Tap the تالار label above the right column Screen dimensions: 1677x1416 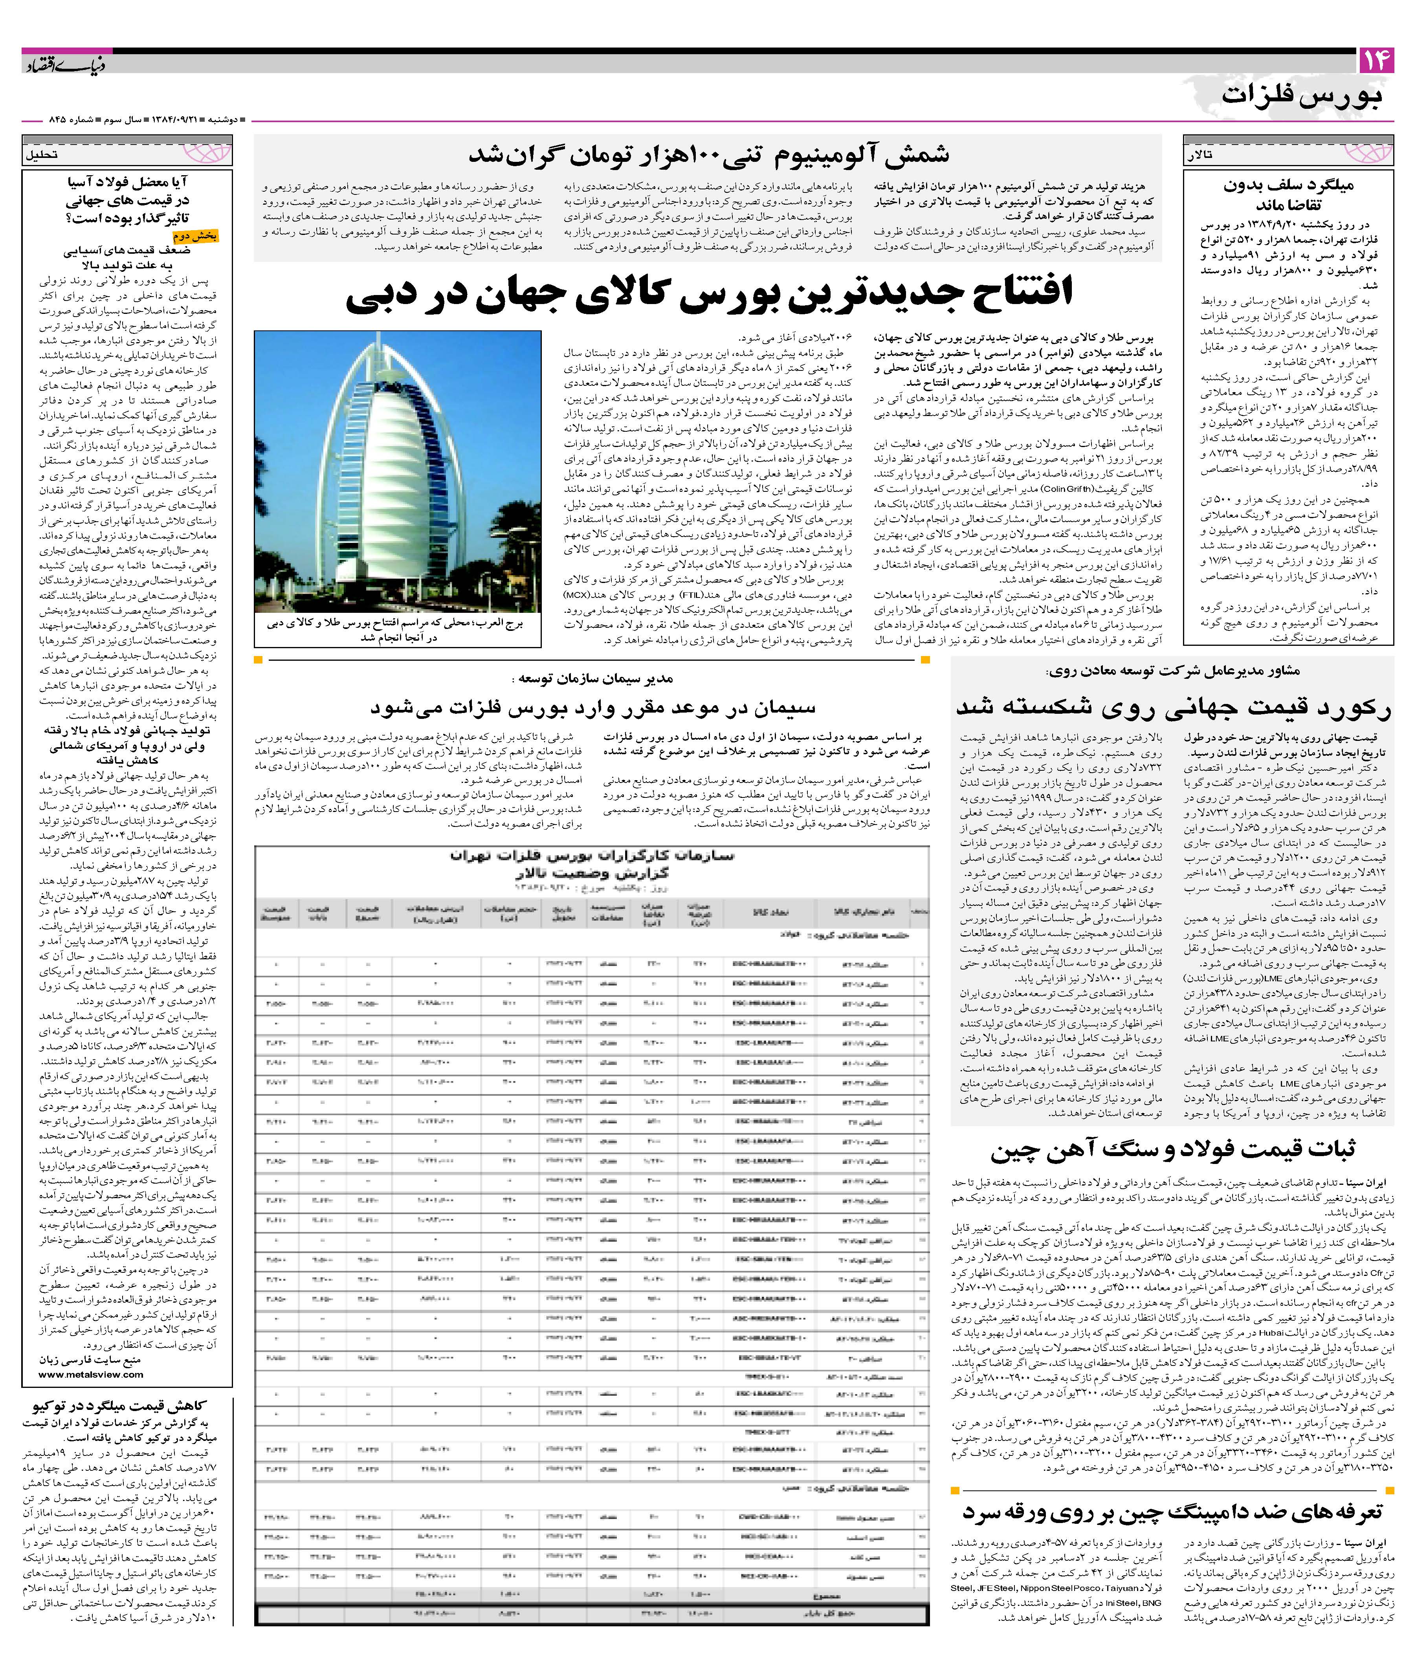point(1201,155)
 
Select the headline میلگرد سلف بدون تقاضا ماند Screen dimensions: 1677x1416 point(1288,194)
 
